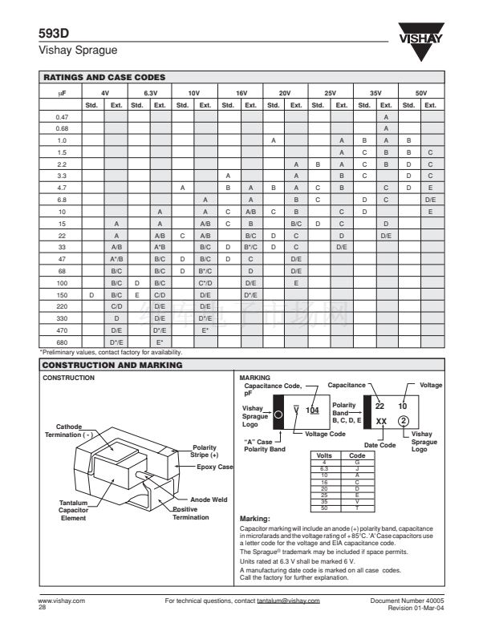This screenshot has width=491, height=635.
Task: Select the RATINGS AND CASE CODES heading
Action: [103, 77]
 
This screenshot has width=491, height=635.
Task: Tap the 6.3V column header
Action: [149, 94]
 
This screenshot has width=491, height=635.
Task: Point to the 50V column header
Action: [421, 94]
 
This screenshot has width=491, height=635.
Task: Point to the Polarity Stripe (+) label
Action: [207, 451]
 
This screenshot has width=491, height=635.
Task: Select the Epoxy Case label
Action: [214, 467]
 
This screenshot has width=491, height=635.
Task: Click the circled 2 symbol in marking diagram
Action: [404, 423]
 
